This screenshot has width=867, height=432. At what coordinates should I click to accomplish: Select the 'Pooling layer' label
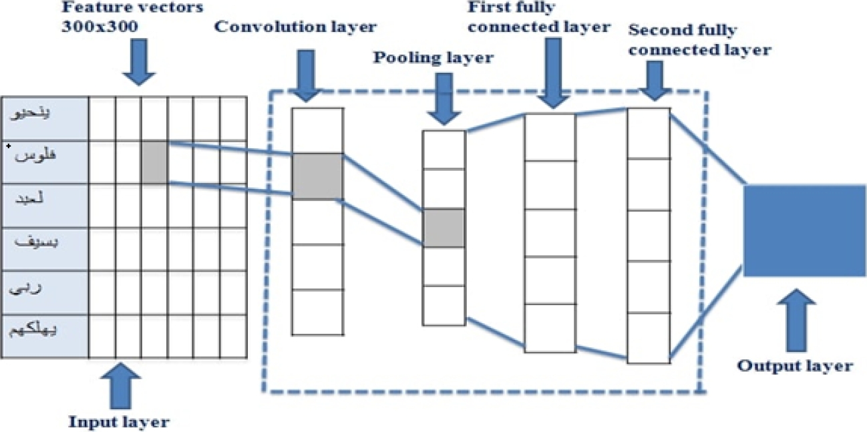[433, 57]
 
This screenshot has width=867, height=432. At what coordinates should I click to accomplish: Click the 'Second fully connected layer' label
[700, 40]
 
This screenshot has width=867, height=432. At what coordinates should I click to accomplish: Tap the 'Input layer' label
[120, 421]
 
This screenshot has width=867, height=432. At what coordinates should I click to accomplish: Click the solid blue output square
[804, 231]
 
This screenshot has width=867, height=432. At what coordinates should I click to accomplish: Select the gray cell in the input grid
[154, 162]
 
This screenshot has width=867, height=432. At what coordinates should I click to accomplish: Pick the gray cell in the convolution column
[317, 176]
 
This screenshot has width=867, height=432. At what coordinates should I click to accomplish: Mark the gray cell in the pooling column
[444, 228]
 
